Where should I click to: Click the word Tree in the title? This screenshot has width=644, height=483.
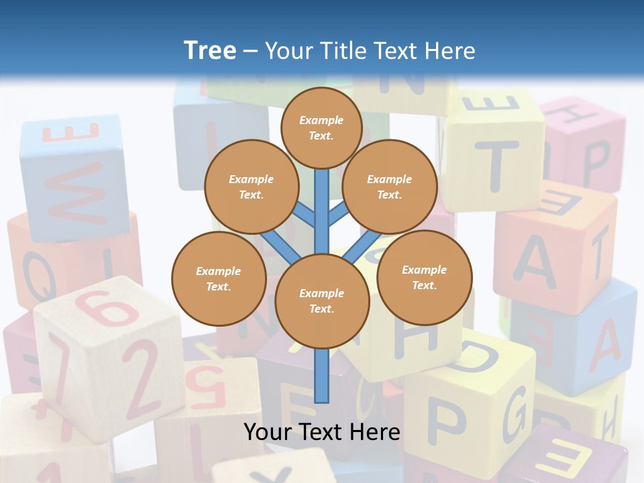point(209,50)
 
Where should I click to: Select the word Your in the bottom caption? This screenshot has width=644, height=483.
point(266,431)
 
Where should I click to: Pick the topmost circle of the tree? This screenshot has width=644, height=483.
point(321,127)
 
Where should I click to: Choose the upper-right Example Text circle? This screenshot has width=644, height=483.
point(390,186)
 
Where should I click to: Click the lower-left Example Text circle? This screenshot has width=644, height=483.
point(219,279)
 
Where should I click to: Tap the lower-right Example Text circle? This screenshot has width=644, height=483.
point(425,277)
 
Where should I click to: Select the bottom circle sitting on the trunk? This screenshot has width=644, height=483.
point(322,301)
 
